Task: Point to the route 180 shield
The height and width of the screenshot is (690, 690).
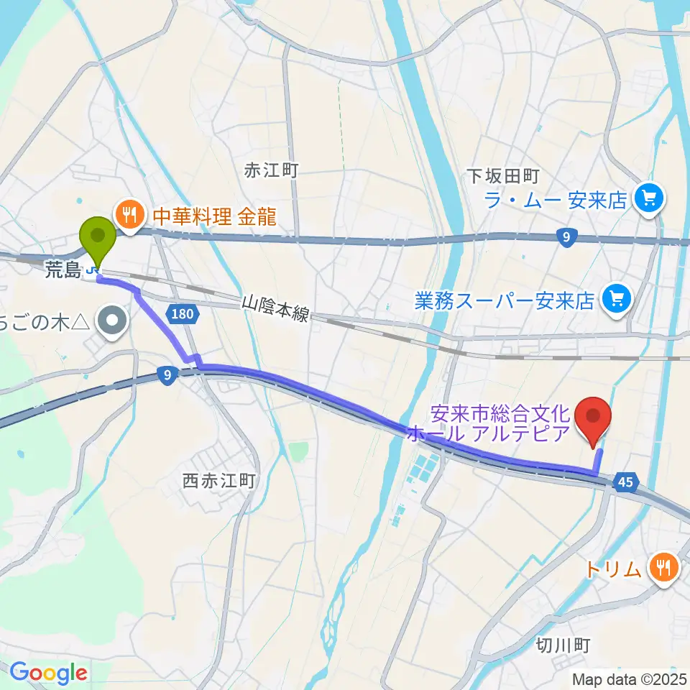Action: [182, 313]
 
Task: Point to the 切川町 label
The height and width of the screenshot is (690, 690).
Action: [563, 645]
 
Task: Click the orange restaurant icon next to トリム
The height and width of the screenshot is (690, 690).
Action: [660, 568]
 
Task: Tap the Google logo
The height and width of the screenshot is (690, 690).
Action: [48, 673]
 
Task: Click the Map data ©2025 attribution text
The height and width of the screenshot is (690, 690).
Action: [629, 678]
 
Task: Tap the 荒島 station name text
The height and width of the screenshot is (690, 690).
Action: [64, 270]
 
